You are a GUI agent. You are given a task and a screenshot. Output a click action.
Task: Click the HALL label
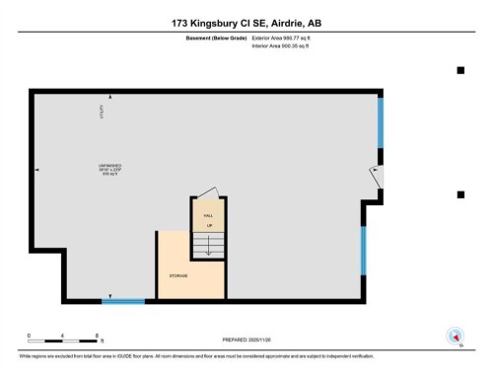point(208,214)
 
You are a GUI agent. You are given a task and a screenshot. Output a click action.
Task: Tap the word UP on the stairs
point(208,226)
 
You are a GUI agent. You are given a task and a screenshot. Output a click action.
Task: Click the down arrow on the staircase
point(208,247)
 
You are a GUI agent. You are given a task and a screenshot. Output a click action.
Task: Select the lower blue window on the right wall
point(363,250)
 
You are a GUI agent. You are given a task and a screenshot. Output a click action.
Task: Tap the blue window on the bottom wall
point(123,301)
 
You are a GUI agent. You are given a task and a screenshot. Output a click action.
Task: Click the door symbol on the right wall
point(376,175)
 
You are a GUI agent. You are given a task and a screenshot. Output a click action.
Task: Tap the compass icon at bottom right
point(455,335)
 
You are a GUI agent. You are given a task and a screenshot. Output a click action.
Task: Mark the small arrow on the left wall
point(37,170)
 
